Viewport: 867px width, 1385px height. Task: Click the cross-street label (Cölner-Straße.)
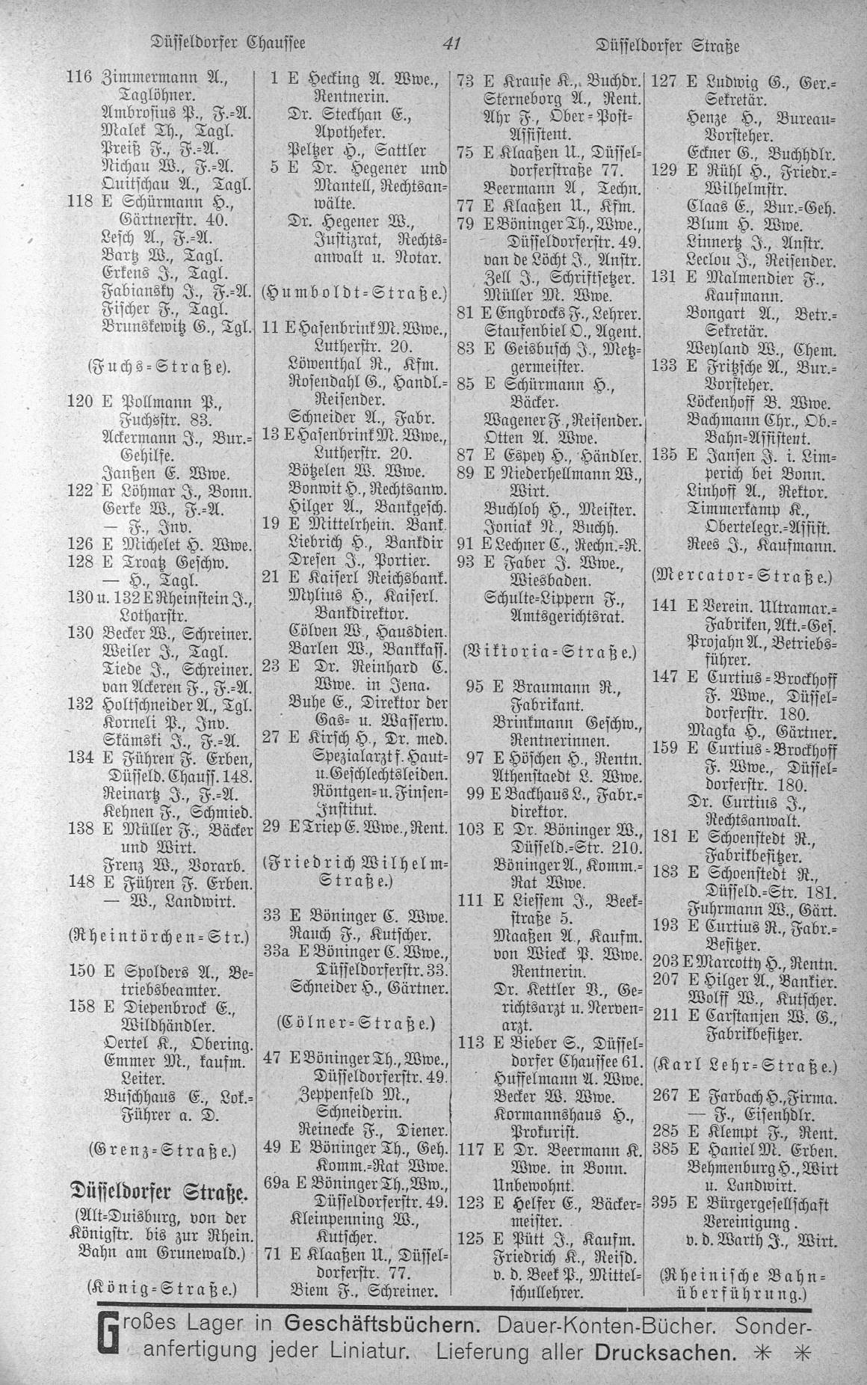(354, 1022)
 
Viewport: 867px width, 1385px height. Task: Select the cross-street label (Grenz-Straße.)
(161, 1147)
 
